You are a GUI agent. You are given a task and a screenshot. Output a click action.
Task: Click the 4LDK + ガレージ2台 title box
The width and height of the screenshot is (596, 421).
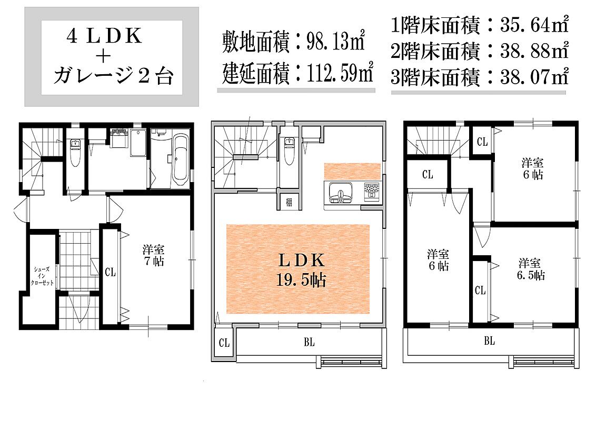click(112, 57)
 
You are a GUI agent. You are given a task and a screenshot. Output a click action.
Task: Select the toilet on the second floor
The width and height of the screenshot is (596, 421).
click(288, 153)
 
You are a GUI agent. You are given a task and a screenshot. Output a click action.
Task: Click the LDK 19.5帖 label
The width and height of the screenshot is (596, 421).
click(301, 269)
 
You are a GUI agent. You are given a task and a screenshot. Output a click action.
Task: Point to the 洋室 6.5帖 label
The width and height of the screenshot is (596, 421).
click(531, 268)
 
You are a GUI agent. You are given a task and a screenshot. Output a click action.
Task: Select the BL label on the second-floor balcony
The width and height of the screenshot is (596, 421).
click(309, 343)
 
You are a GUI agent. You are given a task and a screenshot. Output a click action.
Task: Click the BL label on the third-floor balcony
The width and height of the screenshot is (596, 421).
click(489, 341)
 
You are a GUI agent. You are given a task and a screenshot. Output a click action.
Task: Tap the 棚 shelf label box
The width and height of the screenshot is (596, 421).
click(289, 202)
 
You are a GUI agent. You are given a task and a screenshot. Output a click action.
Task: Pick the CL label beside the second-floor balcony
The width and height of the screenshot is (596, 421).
click(224, 343)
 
